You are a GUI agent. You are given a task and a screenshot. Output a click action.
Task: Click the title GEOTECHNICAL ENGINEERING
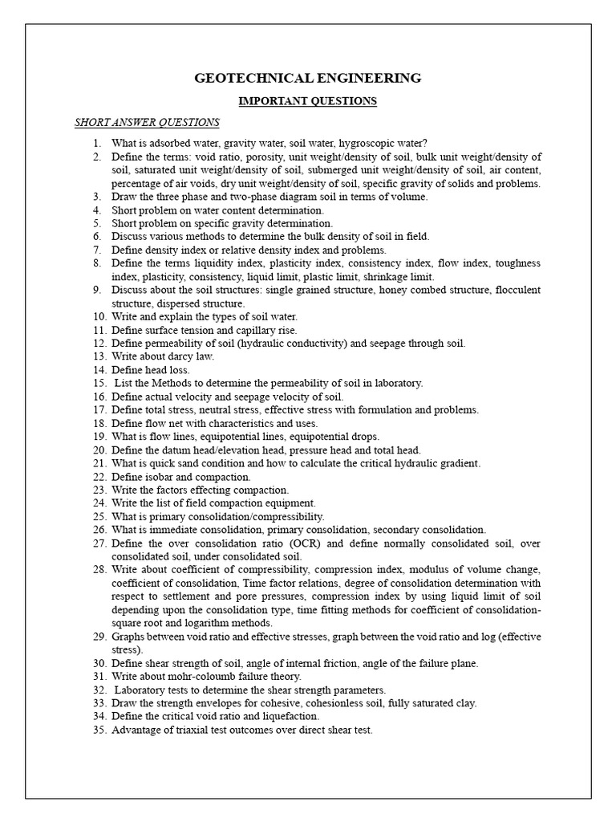pyautogui.click(x=308, y=78)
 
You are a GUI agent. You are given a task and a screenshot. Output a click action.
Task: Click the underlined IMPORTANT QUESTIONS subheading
pyautogui.click(x=308, y=101)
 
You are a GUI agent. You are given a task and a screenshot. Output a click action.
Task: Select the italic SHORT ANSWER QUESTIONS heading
pyautogui.click(x=147, y=123)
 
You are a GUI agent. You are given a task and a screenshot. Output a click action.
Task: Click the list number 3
pyautogui.click(x=97, y=197)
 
